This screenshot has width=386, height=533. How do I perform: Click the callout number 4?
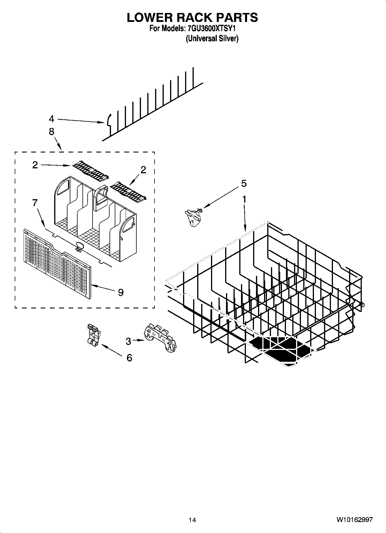coord(52,119)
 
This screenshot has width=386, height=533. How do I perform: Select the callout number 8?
coord(51,132)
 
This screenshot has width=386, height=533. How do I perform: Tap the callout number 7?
coord(35,203)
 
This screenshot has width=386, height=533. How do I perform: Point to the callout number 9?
coord(121,292)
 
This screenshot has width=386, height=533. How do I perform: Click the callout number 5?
coord(244,183)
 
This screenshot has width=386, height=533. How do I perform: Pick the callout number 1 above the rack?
coord(244,199)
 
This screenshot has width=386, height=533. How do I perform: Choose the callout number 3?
coord(128,341)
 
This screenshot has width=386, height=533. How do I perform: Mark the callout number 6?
coord(129,358)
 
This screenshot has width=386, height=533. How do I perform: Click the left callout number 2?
coord(35,165)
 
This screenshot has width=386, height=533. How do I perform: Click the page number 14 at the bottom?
coord(192,520)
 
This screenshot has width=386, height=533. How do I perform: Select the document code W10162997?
coord(354,520)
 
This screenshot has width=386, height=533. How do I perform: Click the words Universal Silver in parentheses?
coord(212,39)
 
